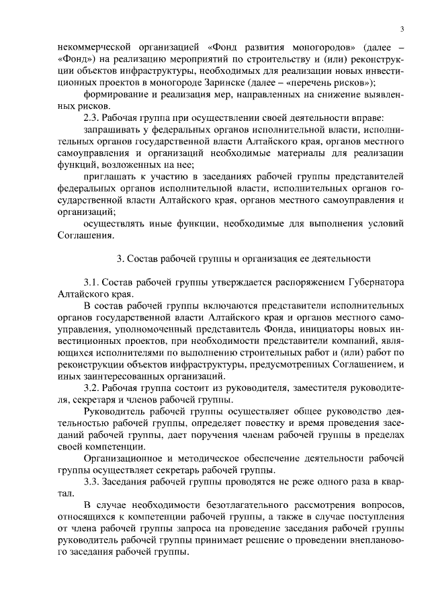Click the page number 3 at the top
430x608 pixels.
[401, 28]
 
